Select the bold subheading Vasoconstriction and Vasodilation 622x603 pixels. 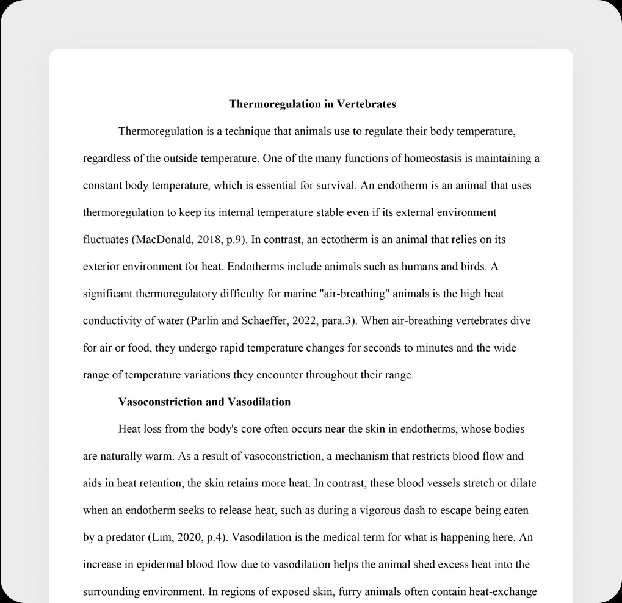click(204, 402)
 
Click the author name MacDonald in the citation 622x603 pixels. click(164, 240)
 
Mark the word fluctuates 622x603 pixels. click(105, 240)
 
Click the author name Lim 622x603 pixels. click(161, 538)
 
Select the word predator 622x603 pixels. click(121, 538)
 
